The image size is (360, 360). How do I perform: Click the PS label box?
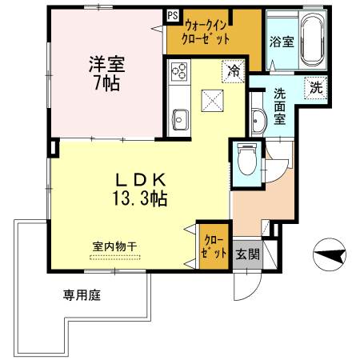(x=173, y=14)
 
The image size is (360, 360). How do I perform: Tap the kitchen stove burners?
(x=178, y=76)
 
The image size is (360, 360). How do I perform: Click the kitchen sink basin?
(x=178, y=119)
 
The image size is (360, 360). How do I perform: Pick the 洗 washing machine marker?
(x=317, y=88)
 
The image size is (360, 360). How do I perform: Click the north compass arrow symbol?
(x=329, y=257)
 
